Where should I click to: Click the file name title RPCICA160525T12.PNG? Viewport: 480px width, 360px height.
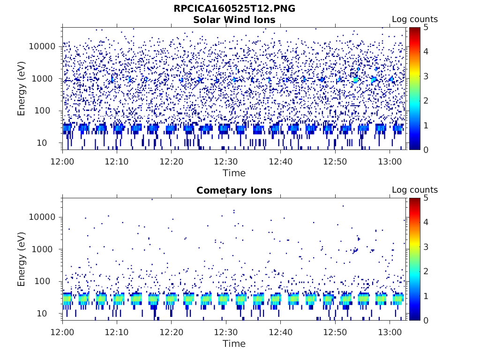(x=234, y=8)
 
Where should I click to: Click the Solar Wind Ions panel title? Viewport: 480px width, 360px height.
(x=234, y=20)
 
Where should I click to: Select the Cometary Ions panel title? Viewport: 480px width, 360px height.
(x=234, y=190)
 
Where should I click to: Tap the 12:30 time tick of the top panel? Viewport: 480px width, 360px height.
(x=226, y=161)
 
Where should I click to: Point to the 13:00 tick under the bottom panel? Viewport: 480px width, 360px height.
(x=390, y=332)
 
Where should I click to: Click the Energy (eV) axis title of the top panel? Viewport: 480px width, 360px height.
(x=22, y=89)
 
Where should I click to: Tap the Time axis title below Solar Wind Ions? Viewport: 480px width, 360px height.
(x=234, y=173)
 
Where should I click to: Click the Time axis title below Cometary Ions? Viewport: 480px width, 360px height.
(x=234, y=344)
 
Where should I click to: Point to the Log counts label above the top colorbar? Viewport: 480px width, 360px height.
(x=414, y=19)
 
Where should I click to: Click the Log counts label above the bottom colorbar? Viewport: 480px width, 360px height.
(x=414, y=190)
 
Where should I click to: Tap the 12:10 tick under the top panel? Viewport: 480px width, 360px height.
(x=117, y=161)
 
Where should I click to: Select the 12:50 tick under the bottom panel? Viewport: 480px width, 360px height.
(x=335, y=332)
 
